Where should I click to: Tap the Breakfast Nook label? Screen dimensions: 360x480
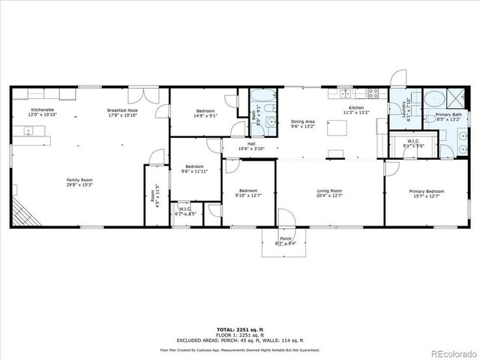tap(123, 112)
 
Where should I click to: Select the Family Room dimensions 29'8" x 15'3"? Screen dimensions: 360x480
tap(77, 184)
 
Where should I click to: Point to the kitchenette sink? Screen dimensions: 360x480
tap(26, 131)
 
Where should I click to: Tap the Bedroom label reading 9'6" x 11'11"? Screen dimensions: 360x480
tap(195, 169)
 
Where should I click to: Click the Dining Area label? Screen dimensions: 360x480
tap(303, 124)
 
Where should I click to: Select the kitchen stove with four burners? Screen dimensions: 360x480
tap(372, 93)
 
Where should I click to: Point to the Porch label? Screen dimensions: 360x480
tap(286, 241)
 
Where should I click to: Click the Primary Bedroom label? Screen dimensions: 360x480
tap(426, 193)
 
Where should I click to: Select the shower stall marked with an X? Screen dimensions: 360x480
tap(454, 97)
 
